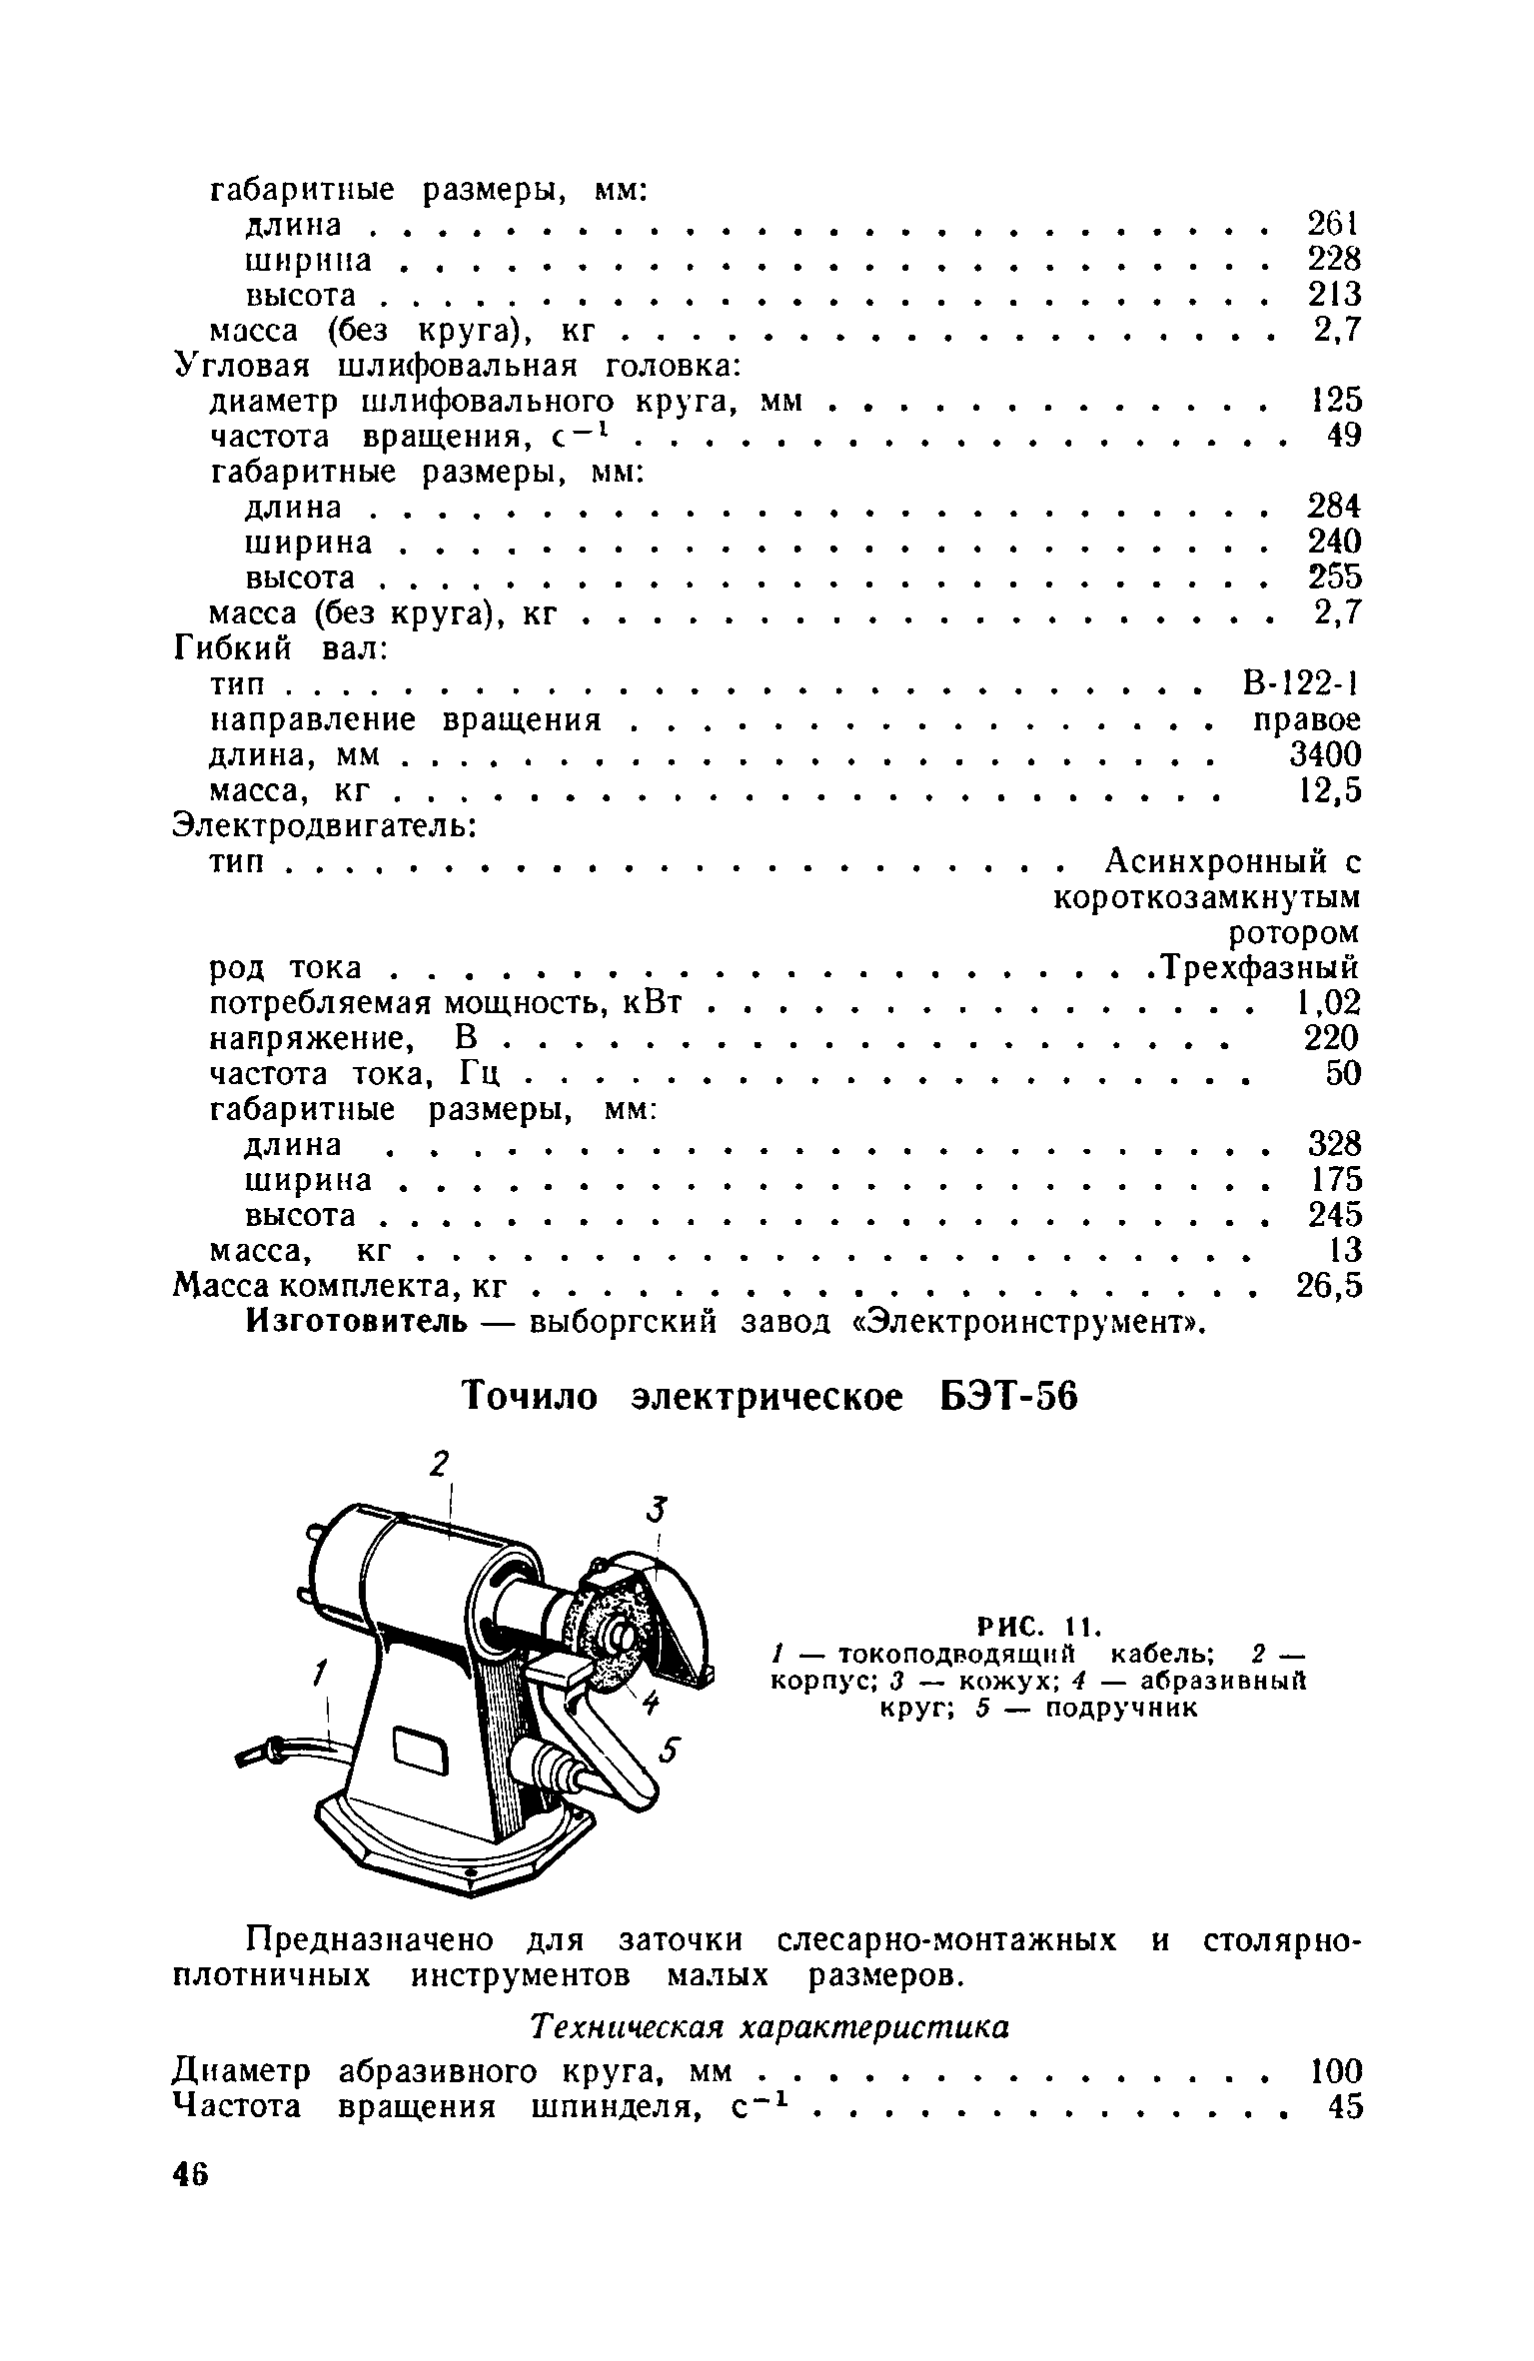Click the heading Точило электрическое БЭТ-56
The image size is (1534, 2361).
pos(768,1398)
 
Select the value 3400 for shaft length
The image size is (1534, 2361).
pos(1324,754)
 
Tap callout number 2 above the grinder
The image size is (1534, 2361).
pos(438,1465)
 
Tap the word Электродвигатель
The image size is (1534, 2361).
pos(325,827)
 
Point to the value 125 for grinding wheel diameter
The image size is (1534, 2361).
pos(1336,402)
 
